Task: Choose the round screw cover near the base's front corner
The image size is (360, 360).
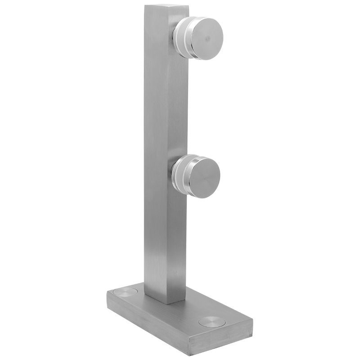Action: [x=210, y=322]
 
